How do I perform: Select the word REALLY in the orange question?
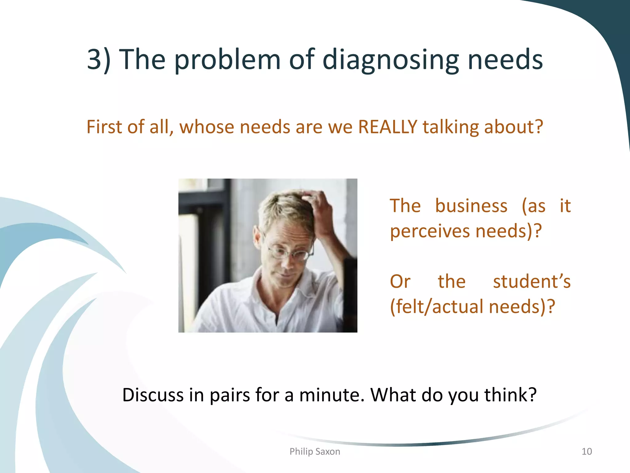coord(388,127)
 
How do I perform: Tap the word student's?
coord(532,281)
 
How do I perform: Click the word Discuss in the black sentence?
coord(153,395)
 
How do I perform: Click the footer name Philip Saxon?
coord(315,451)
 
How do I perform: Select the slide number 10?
coord(587,451)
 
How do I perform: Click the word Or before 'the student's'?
coord(400,281)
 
